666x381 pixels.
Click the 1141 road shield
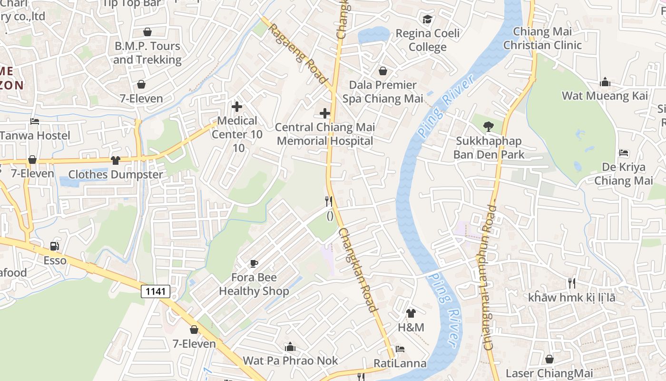156,291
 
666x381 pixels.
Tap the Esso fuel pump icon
55,246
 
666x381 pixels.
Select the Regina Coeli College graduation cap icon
427,20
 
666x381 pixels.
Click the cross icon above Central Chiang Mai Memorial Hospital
325,113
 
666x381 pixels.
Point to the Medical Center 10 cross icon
236,107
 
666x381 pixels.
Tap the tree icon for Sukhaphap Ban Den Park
488,127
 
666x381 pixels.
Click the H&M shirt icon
411,313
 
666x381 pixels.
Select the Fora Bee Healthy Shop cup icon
254,263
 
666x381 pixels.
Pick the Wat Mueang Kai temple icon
605,82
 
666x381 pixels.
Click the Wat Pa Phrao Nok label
290,361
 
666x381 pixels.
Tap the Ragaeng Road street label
298,53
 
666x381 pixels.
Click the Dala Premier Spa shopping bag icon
382,71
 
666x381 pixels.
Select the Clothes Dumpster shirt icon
115,160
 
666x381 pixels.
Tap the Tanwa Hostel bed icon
35,121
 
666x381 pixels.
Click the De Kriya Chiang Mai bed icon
624,153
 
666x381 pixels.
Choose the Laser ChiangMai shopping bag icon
549,359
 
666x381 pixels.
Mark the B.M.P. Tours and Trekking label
147,53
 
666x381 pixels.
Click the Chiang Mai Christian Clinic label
542,39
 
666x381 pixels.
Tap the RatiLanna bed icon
400,350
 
